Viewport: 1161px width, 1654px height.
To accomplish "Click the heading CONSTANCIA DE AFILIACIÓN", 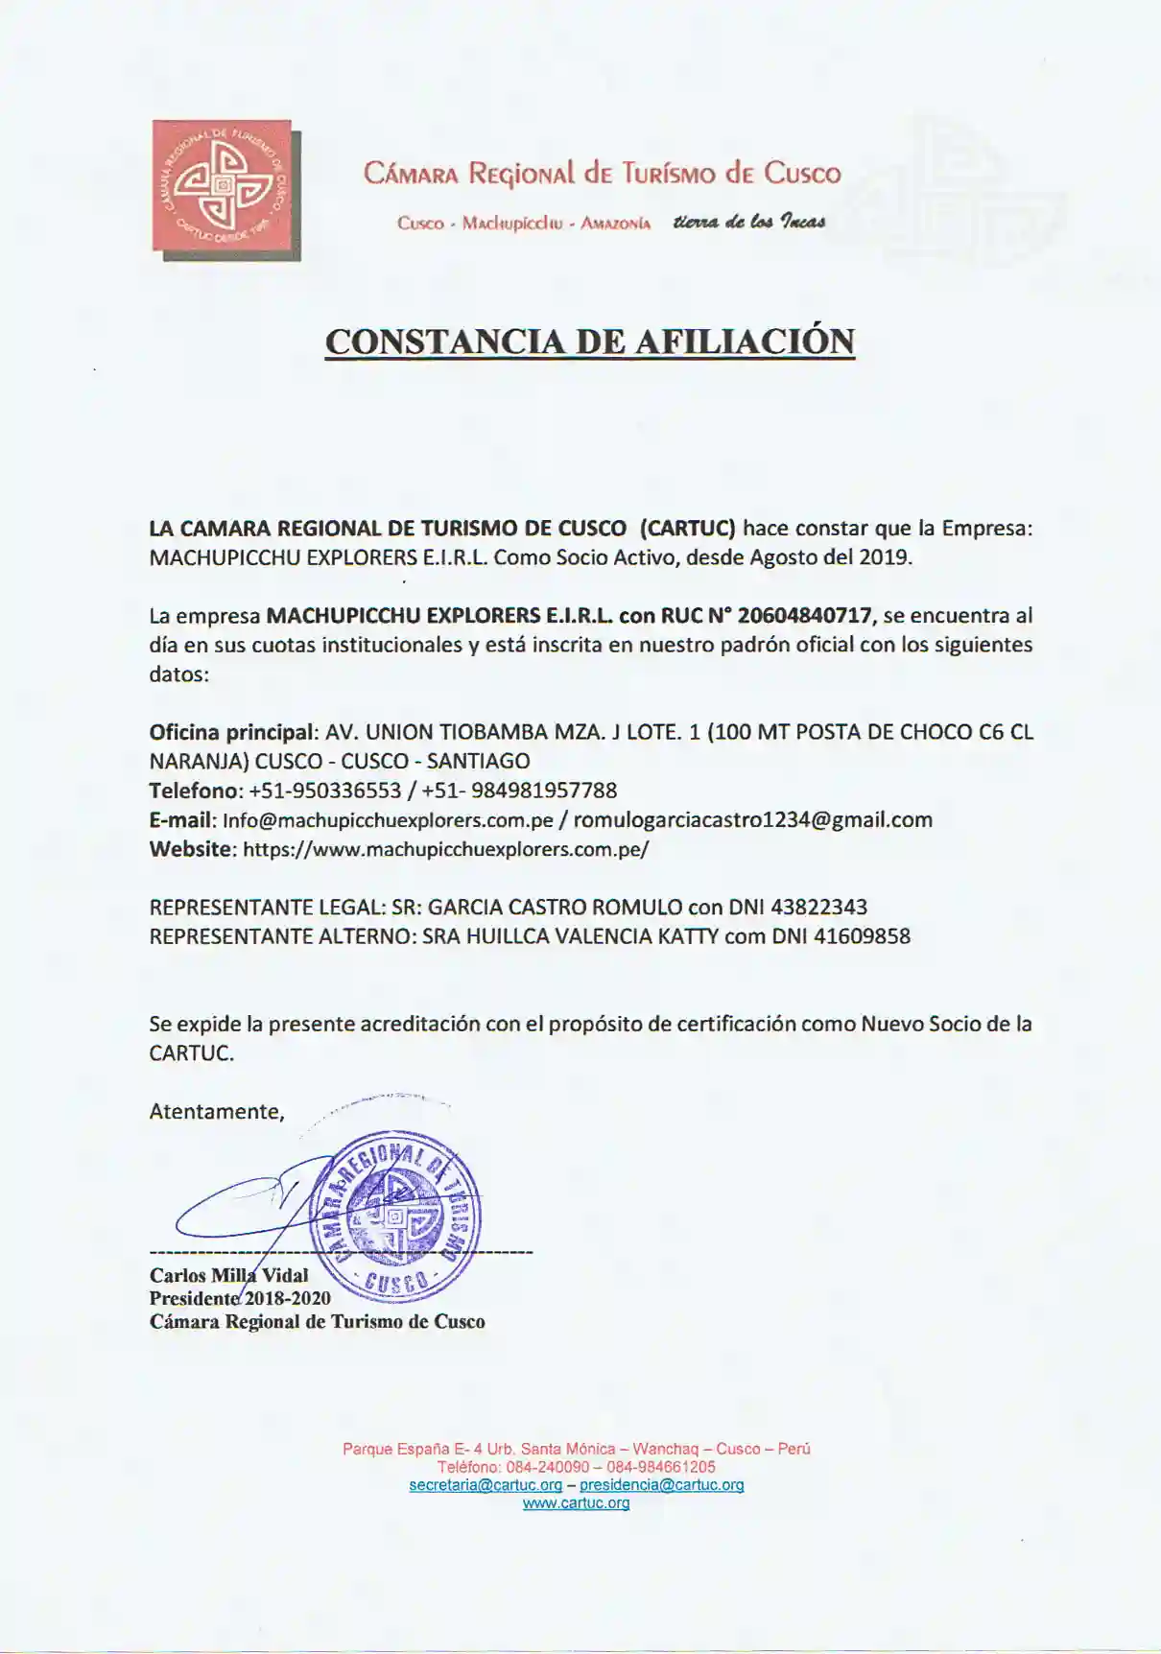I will tap(589, 342).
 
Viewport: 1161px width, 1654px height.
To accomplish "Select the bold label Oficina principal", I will tap(231, 732).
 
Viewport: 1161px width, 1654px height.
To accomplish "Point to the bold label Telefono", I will tap(194, 791).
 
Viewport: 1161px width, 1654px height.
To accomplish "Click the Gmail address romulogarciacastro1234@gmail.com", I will tap(752, 820).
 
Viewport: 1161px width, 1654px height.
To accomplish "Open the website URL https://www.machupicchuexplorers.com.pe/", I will tap(445, 850).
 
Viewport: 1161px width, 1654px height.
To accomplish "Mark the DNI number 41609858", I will tap(862, 936).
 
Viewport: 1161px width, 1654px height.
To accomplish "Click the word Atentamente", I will tap(216, 1112).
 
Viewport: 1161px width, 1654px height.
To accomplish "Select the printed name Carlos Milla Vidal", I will tap(228, 1276).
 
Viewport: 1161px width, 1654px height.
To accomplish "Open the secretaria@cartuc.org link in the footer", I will tap(486, 1485).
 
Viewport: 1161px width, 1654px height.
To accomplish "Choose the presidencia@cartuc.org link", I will tap(661, 1485).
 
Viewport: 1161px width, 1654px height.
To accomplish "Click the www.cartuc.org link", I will tap(576, 1503).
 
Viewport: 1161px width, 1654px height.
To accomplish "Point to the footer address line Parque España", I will tap(576, 1449).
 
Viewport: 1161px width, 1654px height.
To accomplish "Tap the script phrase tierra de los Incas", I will tap(749, 223).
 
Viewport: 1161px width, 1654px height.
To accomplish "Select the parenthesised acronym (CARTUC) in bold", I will tap(687, 529).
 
